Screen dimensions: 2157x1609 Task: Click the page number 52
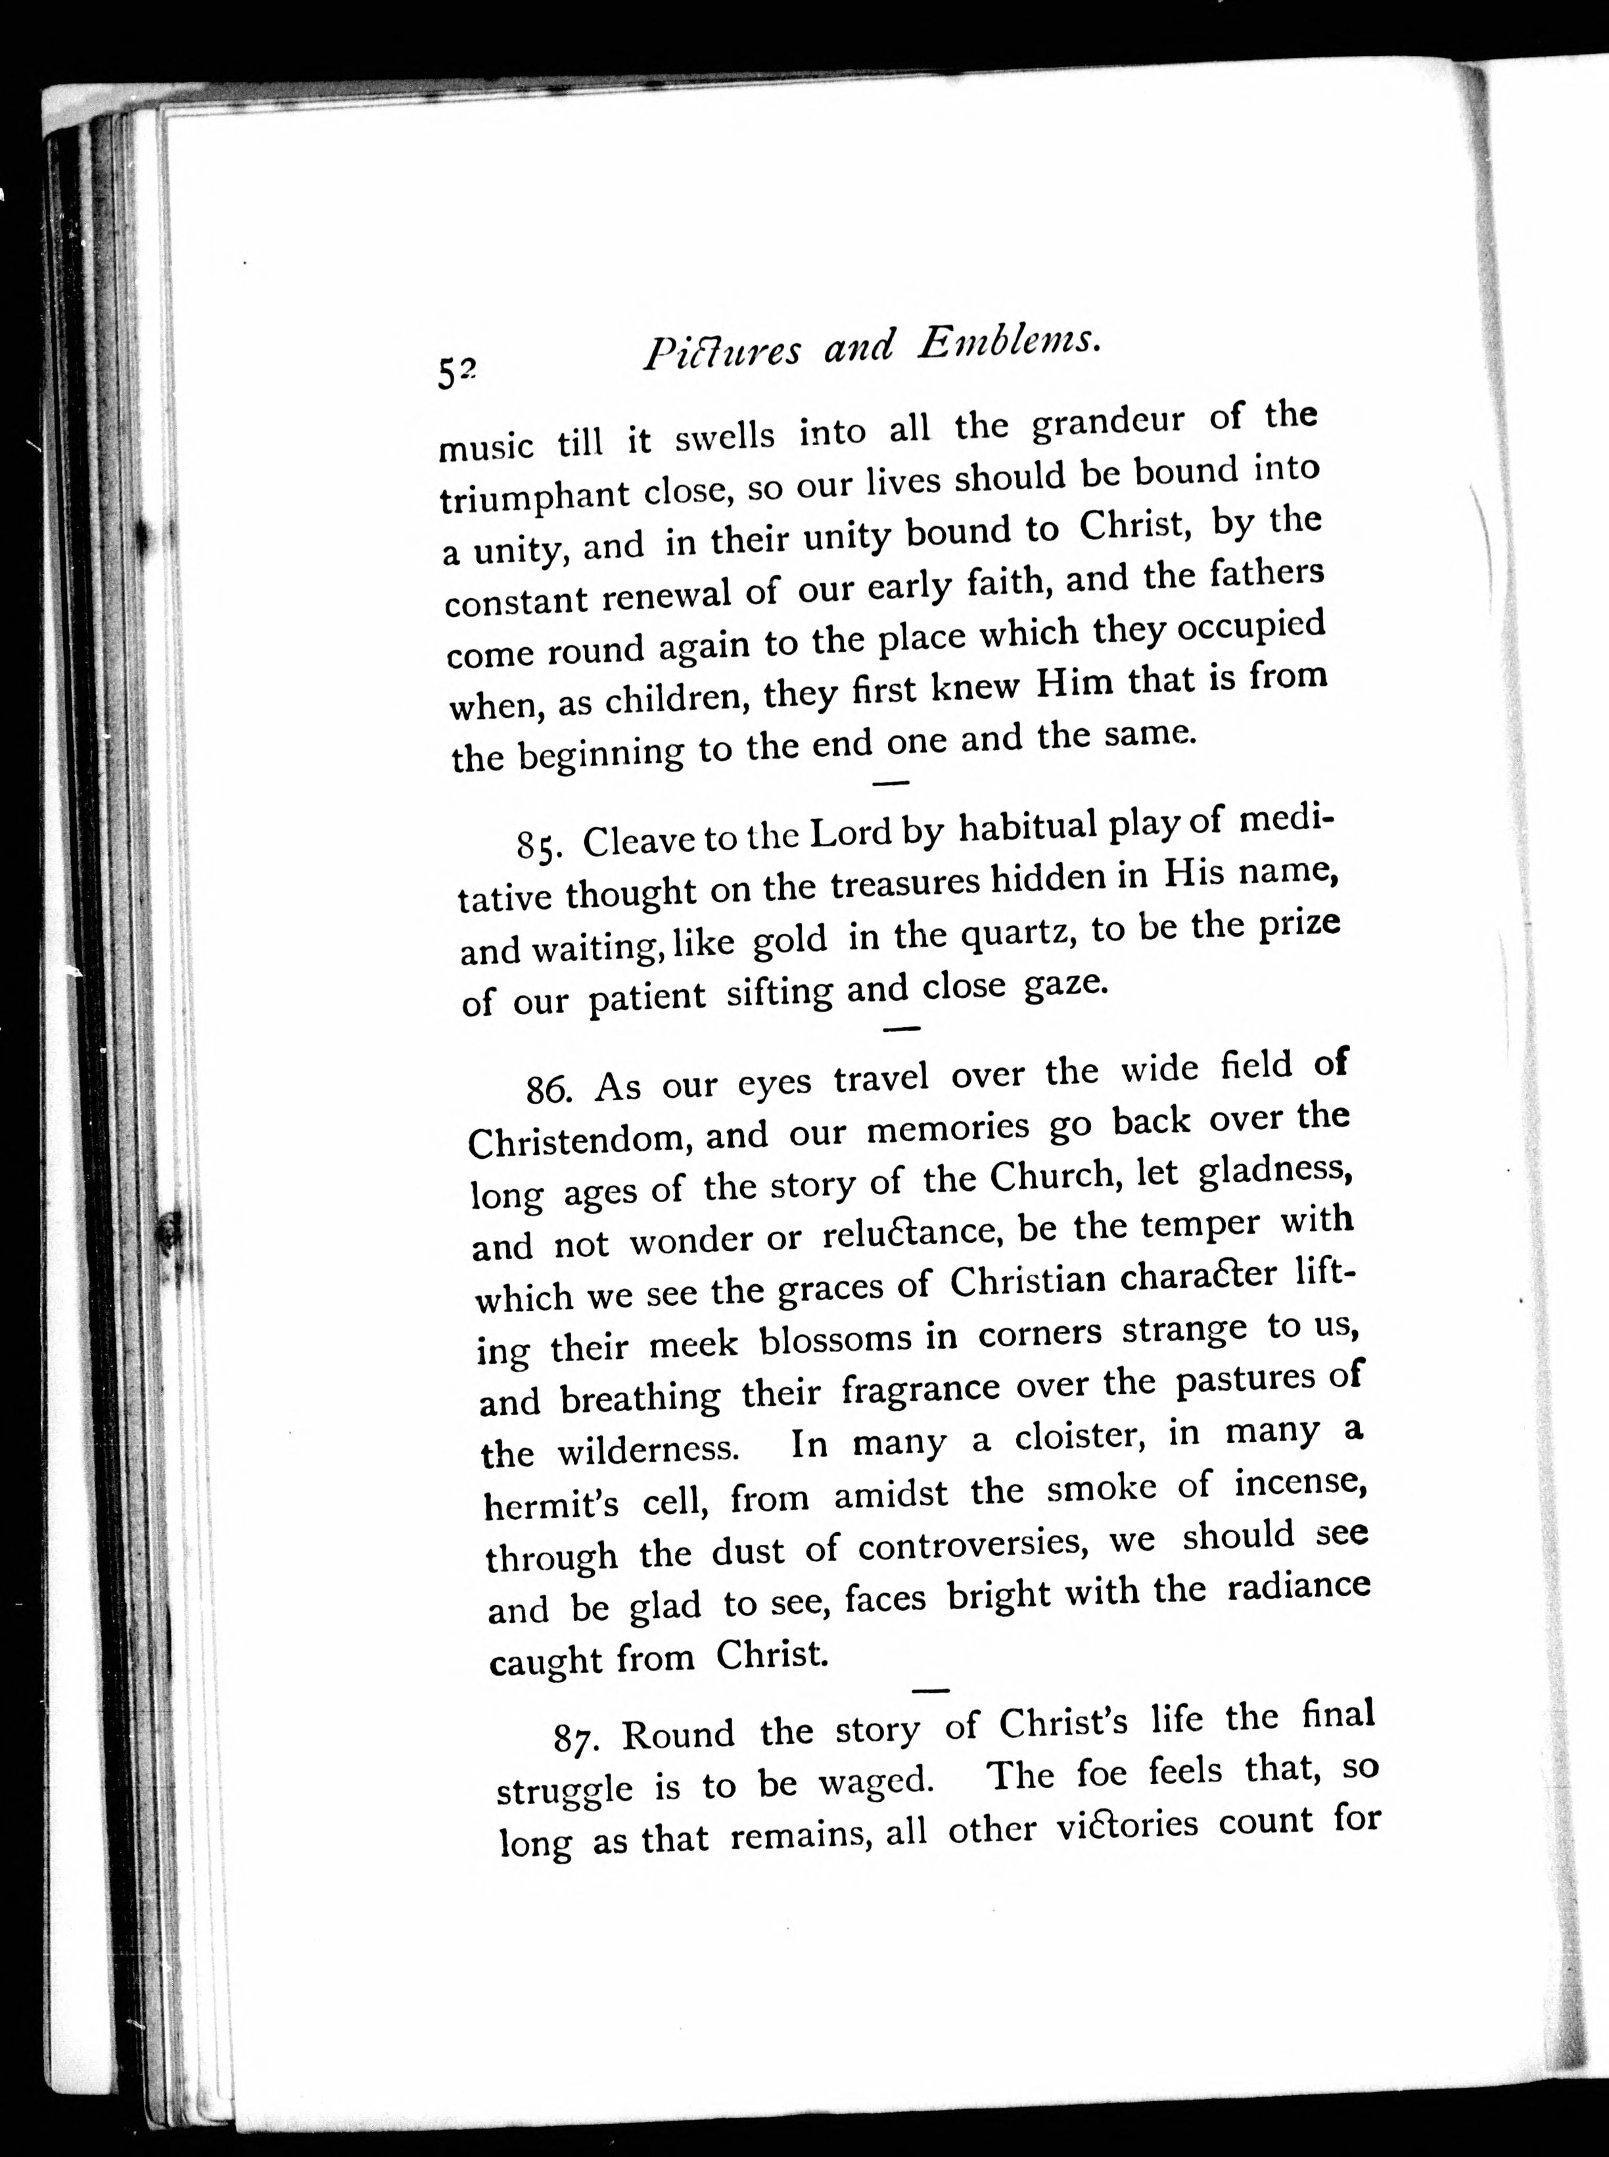click(455, 372)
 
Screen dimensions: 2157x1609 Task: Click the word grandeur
click(1108, 424)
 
